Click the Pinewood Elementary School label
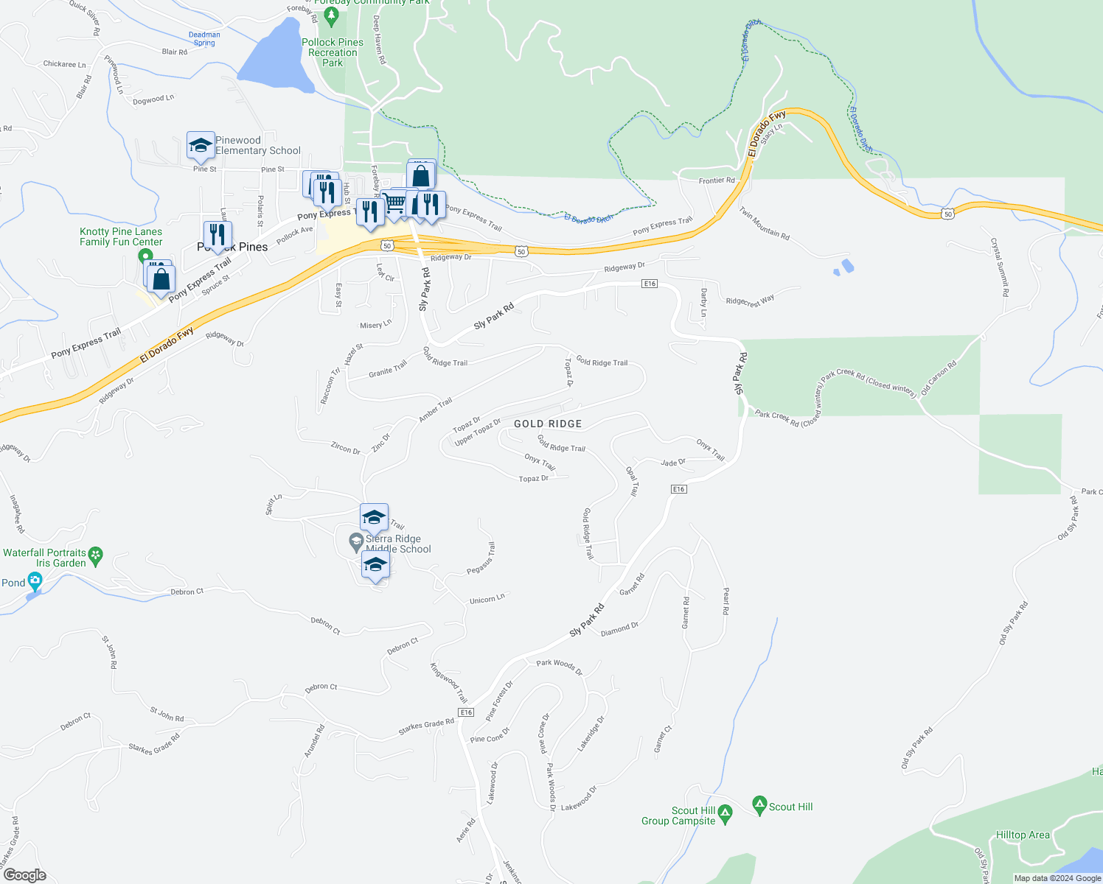coord(257,145)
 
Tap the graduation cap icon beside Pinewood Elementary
coord(201,146)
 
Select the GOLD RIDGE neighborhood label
coord(548,424)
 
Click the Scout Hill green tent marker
coord(759,804)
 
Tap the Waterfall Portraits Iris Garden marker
coord(95,554)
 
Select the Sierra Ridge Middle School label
coord(398,544)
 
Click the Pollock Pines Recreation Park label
coord(333,52)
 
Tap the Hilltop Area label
coord(1023,835)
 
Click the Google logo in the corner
coord(24,874)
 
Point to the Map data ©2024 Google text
coord(1057,878)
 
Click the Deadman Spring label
coord(204,39)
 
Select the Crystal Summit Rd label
coord(1000,267)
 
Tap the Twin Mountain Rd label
coord(764,223)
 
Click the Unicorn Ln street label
coord(487,599)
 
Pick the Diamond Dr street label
coord(619,629)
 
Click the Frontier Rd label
coord(717,180)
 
